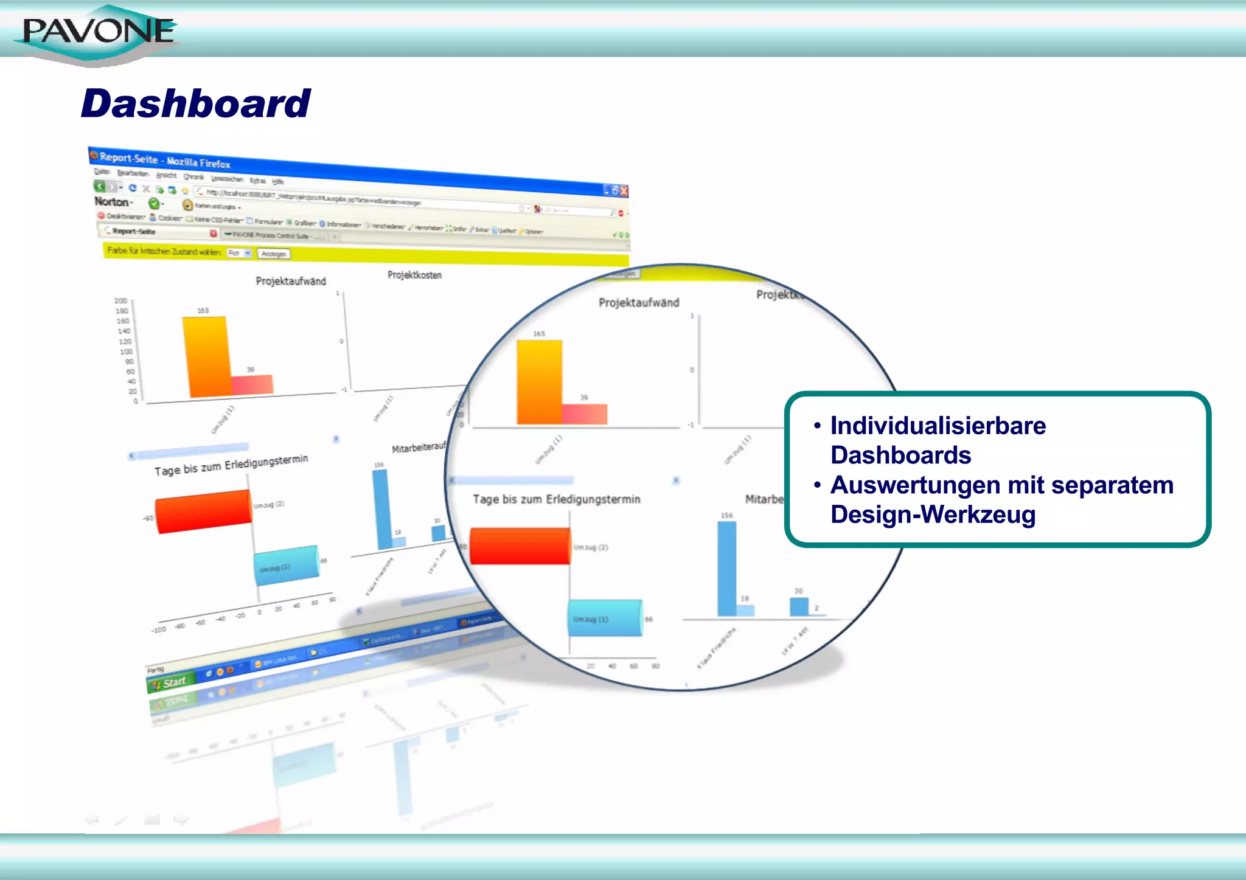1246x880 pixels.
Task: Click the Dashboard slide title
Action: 196,103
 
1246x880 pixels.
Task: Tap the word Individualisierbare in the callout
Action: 938,426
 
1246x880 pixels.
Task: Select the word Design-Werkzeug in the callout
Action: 933,514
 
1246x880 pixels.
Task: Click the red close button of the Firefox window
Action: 624,191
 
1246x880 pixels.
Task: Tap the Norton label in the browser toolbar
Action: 112,201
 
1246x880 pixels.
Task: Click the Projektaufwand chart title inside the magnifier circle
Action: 639,303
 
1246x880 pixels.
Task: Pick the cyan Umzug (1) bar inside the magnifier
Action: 605,618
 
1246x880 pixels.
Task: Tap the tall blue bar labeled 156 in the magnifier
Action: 726,569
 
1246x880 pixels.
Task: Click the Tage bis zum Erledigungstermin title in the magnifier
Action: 557,499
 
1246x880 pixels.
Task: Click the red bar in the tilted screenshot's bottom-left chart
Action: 203,511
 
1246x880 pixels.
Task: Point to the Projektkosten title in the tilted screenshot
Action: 414,275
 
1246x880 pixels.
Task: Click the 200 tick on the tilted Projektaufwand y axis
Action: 121,300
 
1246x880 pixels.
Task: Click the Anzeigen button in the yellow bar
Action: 274,254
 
